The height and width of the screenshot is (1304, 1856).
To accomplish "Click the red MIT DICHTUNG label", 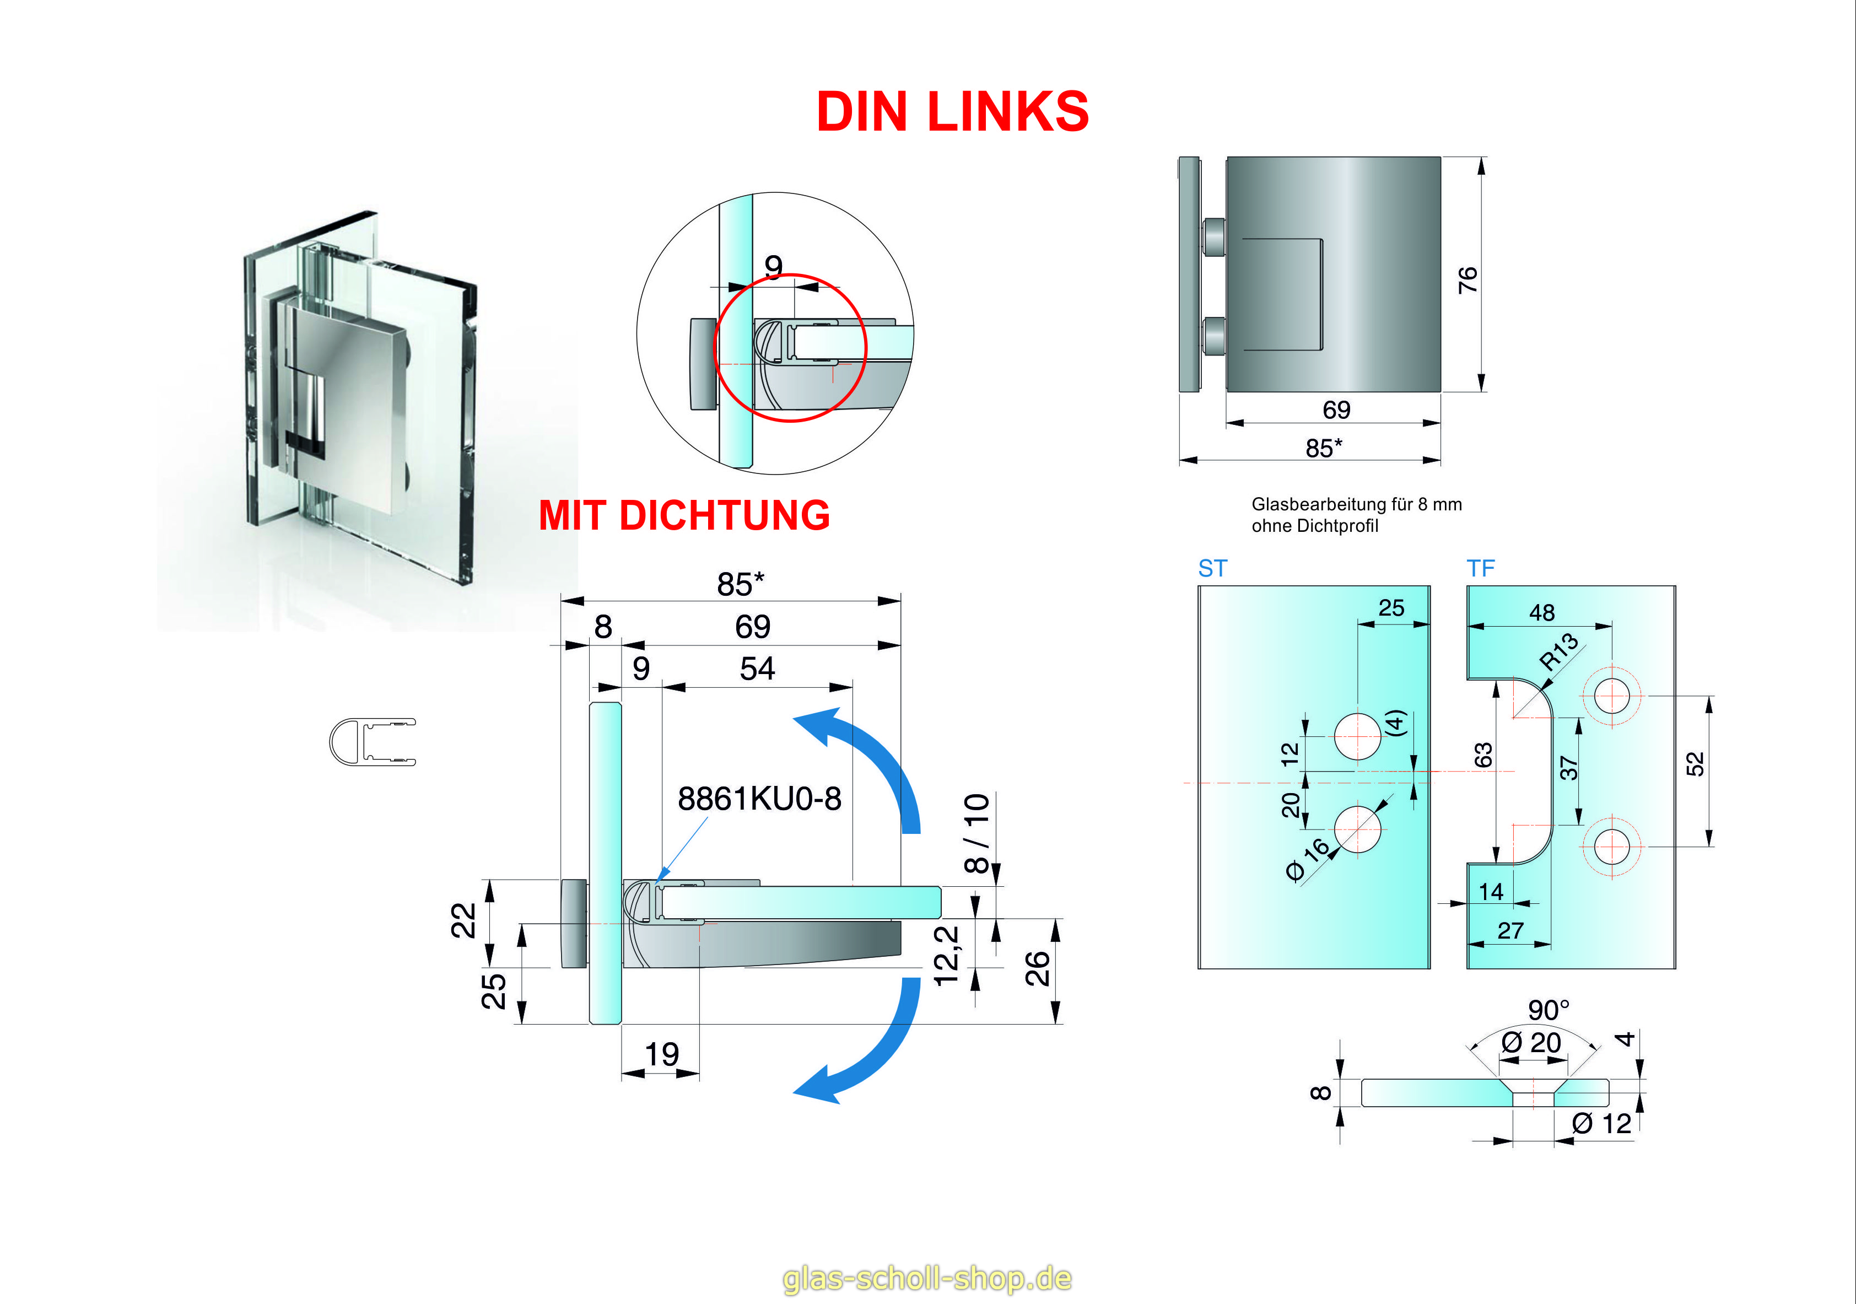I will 684,516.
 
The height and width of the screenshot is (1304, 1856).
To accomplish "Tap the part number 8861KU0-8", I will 759,799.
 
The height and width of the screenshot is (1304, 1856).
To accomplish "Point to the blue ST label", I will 1212,568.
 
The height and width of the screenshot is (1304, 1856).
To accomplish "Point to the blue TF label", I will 1480,568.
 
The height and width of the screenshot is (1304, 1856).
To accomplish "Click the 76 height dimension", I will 1467,280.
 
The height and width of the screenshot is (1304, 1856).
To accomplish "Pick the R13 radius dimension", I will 1558,651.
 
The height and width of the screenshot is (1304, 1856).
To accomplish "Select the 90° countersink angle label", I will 1548,1010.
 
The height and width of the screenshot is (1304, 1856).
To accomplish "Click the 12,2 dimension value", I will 947,956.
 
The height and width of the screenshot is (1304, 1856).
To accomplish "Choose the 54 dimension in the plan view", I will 757,669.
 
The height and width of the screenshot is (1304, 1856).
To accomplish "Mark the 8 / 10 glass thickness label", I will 976,833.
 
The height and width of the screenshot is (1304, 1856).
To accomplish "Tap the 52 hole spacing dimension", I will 1695,763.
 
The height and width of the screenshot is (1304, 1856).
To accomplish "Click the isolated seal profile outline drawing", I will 372,741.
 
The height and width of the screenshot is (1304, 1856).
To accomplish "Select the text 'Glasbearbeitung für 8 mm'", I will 1356,504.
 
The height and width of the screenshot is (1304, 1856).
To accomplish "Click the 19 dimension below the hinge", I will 661,1054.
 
